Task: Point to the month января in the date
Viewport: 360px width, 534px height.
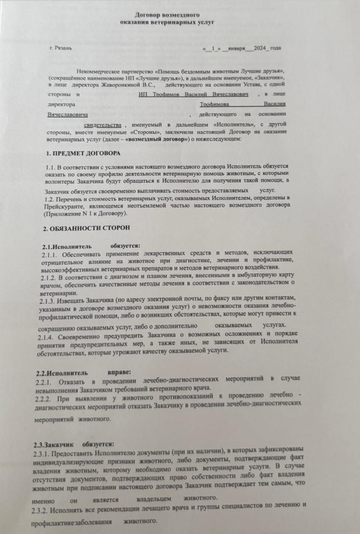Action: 237,48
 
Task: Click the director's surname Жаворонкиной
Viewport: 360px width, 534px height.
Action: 127,84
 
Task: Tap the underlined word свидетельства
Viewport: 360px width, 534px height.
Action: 102,125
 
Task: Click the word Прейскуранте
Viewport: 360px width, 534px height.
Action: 61,206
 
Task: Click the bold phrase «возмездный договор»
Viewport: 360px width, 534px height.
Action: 157,139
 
